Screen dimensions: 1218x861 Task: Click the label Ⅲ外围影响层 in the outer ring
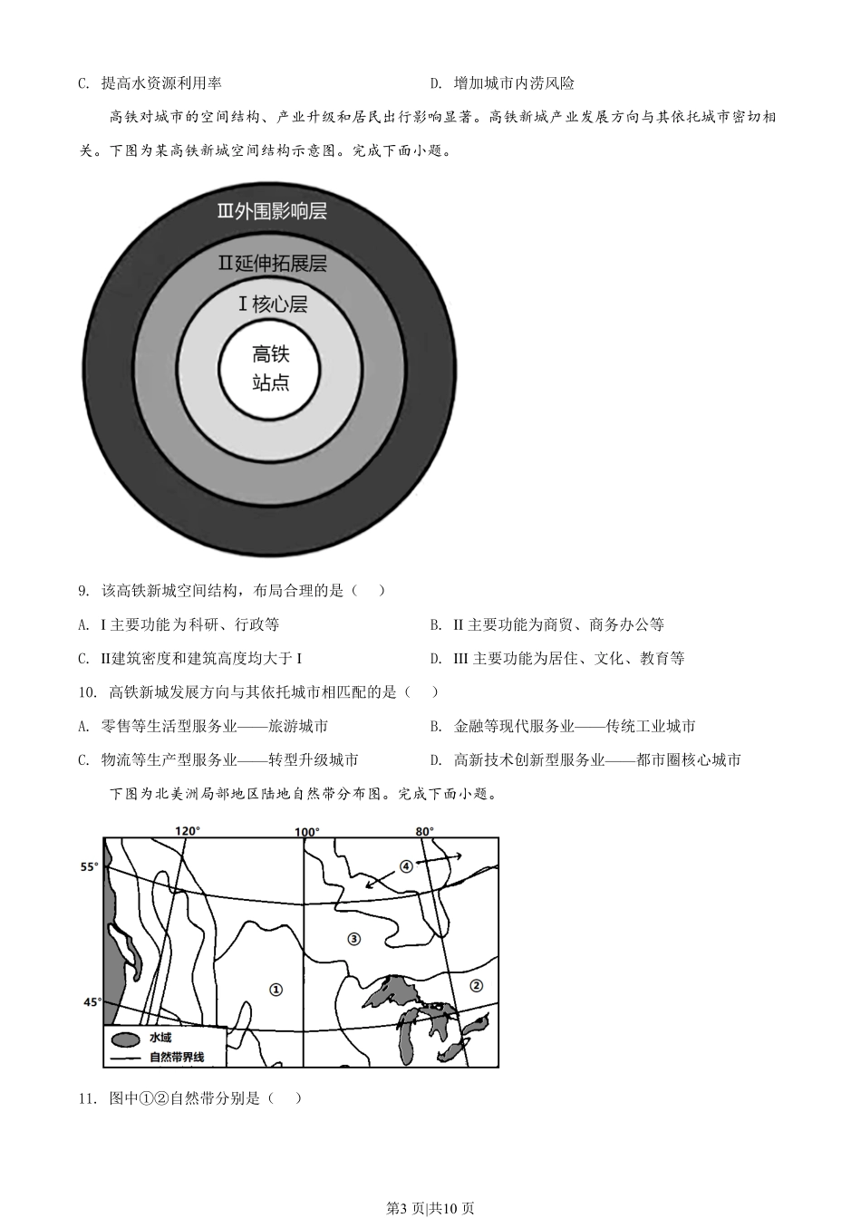pyautogui.click(x=272, y=211)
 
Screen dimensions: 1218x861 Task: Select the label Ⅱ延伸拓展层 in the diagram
pyautogui.click(x=272, y=264)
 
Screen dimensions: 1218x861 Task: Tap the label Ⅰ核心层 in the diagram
pyautogui.click(x=272, y=304)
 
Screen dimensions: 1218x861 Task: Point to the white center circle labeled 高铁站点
pyautogui.click(x=271, y=367)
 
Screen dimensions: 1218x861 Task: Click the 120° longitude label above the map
pyautogui.click(x=187, y=831)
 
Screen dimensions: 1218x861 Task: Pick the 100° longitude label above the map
pyautogui.click(x=306, y=832)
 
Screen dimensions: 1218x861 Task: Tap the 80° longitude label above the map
pyautogui.click(x=424, y=831)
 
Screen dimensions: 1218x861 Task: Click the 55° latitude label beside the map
pyautogui.click(x=89, y=867)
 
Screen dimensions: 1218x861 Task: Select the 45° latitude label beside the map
pyautogui.click(x=92, y=1002)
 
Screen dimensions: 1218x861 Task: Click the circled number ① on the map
pyautogui.click(x=276, y=990)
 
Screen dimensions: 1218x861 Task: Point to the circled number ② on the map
pyautogui.click(x=476, y=985)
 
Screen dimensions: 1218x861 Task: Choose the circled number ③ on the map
pyautogui.click(x=353, y=939)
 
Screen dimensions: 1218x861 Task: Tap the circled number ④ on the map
pyautogui.click(x=406, y=865)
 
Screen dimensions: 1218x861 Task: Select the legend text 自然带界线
pyautogui.click(x=177, y=1057)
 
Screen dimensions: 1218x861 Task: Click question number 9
pyautogui.click(x=83, y=591)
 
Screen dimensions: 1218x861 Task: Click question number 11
pyautogui.click(x=86, y=1098)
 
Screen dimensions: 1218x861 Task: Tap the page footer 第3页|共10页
pyautogui.click(x=430, y=1207)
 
